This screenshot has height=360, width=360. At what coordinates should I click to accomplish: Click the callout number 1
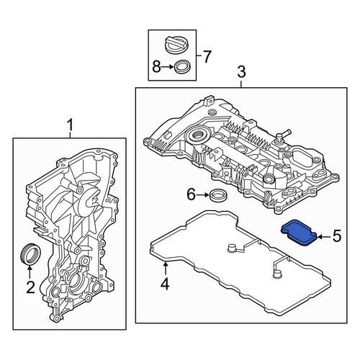click(70, 125)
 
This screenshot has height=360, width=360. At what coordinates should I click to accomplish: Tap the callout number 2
click(30, 287)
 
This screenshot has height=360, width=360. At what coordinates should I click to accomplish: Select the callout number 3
click(241, 72)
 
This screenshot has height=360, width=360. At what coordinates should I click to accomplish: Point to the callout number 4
click(165, 284)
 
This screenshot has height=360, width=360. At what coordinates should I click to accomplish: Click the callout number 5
click(336, 236)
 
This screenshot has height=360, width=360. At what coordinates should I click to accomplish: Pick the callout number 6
click(192, 194)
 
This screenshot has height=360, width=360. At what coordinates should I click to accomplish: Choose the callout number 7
click(207, 57)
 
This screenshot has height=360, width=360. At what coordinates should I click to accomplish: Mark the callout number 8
click(156, 66)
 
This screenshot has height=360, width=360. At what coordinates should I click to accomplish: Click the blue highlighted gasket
click(299, 233)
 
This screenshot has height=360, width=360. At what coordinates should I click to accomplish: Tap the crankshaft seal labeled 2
click(30, 253)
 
